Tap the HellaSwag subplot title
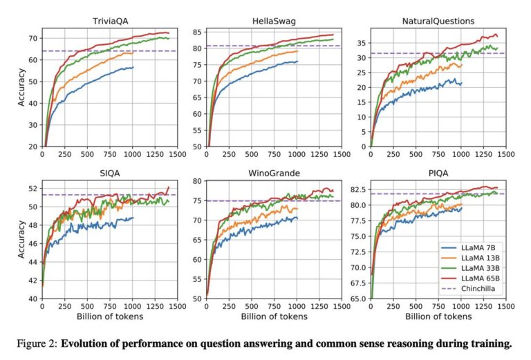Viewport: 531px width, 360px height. pyautogui.click(x=273, y=20)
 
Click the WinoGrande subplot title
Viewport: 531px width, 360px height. pyautogui.click(x=273, y=173)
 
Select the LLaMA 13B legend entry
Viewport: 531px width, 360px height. pyautogui.click(x=476, y=257)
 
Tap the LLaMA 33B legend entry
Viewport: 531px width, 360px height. pyautogui.click(x=476, y=267)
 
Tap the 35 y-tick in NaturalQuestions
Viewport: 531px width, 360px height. pyautogui.click(x=361, y=42)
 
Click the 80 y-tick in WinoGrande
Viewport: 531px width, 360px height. pyautogui.click(x=197, y=181)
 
